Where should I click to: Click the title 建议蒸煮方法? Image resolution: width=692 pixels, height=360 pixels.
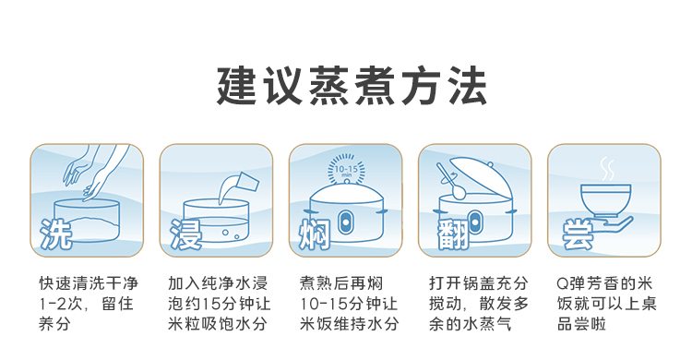coord(352,86)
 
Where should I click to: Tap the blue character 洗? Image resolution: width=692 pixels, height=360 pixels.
coord(55,234)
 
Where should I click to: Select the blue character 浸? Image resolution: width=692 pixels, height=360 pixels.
coord(186,234)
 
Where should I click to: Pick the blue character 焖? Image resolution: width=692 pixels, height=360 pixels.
coord(315,234)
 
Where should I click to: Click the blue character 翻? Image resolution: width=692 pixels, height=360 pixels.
coord(453,234)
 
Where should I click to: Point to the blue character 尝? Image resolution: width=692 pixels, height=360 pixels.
coord(578,234)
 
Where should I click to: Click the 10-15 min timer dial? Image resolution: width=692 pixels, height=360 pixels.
coord(346,170)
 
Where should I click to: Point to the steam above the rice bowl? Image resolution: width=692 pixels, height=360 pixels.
coord(607,169)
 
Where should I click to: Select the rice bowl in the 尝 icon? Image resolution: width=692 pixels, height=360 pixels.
coord(605,201)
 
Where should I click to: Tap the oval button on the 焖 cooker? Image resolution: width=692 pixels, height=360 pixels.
coord(345,222)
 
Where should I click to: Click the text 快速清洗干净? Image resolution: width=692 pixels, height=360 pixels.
coord(89,282)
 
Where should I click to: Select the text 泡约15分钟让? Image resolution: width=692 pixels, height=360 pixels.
coord(219,304)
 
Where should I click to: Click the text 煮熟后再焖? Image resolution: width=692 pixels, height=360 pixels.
coord(340,282)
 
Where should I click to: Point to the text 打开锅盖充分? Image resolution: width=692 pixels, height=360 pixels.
coord(478,282)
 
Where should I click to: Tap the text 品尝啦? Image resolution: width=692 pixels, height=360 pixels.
coord(581,324)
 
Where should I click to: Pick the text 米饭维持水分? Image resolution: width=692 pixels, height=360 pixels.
coord(350,324)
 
